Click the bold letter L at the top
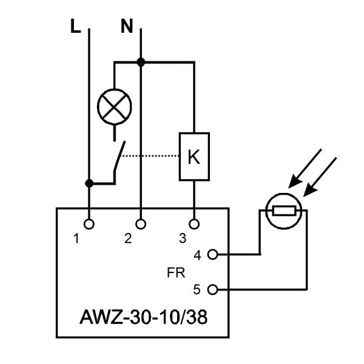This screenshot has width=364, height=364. click(x=75, y=26)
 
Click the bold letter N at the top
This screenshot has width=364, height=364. click(x=127, y=26)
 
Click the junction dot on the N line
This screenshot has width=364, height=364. click(x=141, y=62)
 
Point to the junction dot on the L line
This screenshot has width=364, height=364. click(x=89, y=183)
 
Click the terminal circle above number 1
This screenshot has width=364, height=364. click(x=89, y=224)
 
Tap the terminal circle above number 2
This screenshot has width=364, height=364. click(x=141, y=224)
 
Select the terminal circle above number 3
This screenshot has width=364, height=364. click(x=194, y=224)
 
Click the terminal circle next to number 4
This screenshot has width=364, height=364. click(x=212, y=254)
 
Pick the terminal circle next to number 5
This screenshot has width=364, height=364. click(x=212, y=290)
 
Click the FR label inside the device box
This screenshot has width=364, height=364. click(x=176, y=273)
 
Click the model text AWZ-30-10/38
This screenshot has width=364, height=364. click(x=143, y=317)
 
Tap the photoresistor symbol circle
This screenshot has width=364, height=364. click(x=283, y=194)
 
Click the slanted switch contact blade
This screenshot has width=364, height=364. click(x=120, y=157)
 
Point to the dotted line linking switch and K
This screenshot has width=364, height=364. click(x=150, y=156)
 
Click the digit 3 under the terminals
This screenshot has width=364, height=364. click(x=183, y=238)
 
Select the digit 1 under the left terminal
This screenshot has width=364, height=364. click(x=76, y=238)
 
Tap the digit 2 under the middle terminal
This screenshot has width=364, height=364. click(x=128, y=238)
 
